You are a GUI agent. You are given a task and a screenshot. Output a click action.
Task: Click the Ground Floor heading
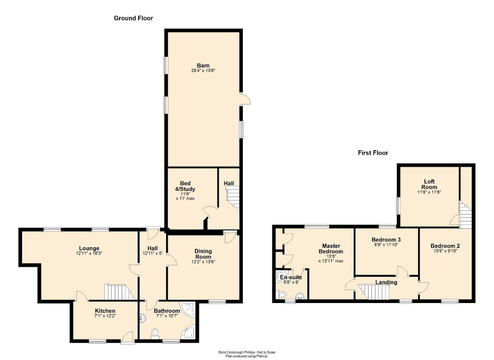(x=133, y=18)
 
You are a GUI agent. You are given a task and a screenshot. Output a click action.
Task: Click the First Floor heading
(x=373, y=153)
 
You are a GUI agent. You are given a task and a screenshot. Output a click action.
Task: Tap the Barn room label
(x=203, y=65)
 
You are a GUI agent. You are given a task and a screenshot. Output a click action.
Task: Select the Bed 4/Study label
(x=185, y=186)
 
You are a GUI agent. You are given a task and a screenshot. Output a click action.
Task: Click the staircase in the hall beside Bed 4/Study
(x=232, y=202)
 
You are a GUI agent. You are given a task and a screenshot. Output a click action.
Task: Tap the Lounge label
(x=89, y=248)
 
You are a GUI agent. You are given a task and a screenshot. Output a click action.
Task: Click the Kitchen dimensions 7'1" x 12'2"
(x=105, y=316)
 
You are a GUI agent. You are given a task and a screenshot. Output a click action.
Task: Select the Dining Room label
(x=203, y=254)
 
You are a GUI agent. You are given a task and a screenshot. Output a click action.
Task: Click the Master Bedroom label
(x=332, y=249)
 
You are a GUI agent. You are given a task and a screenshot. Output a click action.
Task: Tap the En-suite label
(x=291, y=277)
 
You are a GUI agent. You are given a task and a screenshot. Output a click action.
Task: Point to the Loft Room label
(x=429, y=184)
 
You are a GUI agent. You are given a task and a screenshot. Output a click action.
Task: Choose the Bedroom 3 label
(x=386, y=240)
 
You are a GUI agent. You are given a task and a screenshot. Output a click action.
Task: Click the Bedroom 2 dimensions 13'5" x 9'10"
(x=445, y=251)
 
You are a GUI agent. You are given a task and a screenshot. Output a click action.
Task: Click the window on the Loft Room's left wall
(x=398, y=205)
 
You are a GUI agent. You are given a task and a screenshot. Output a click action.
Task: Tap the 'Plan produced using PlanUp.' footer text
(x=247, y=356)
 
